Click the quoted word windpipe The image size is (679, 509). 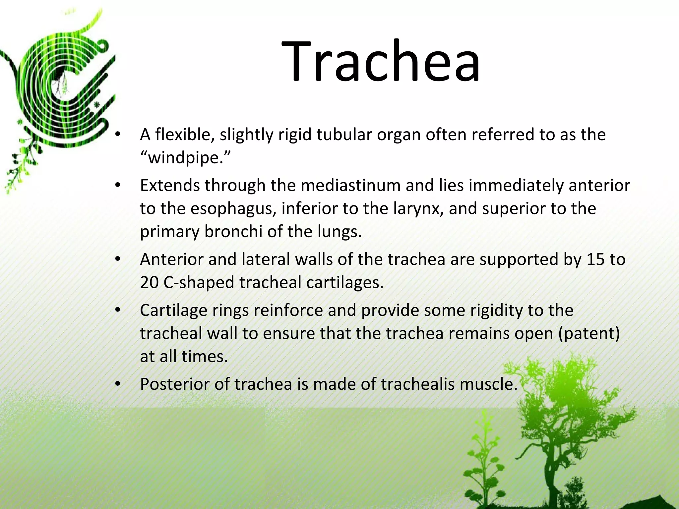pyautogui.click(x=184, y=158)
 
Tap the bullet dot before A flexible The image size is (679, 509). pyautogui.click(x=117, y=135)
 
